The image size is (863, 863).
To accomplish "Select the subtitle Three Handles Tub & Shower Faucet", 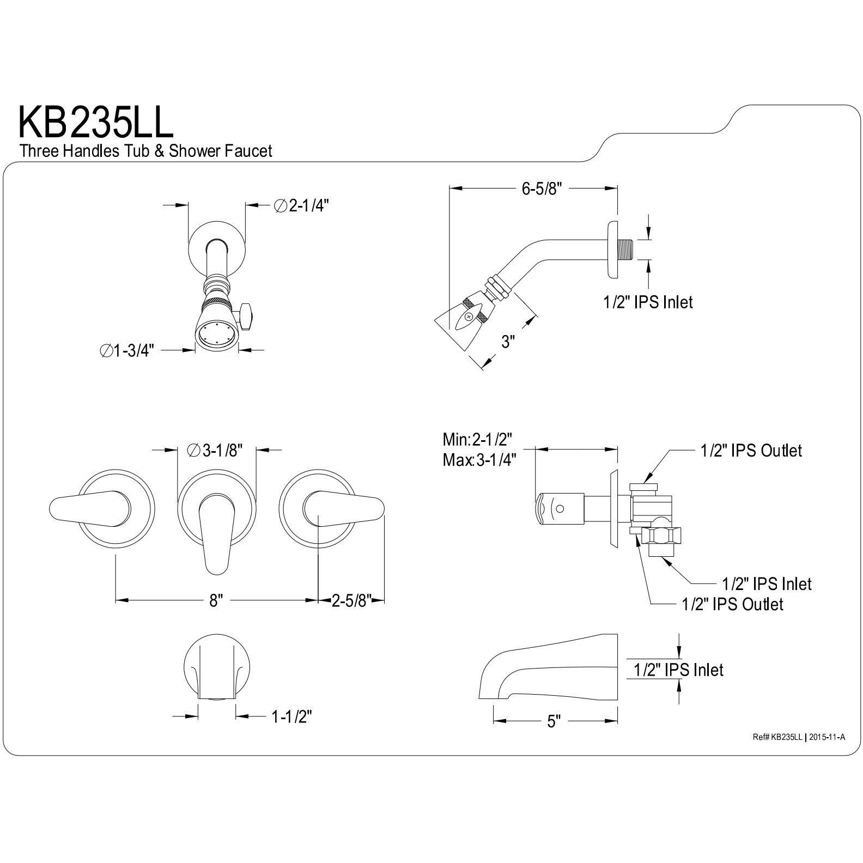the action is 145,151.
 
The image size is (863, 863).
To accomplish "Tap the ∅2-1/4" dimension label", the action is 302,206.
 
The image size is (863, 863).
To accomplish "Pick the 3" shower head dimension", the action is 508,342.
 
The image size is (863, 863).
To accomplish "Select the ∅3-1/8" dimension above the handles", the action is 214,450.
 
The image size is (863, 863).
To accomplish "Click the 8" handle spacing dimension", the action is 216,601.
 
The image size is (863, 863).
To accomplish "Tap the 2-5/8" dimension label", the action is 352,601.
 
